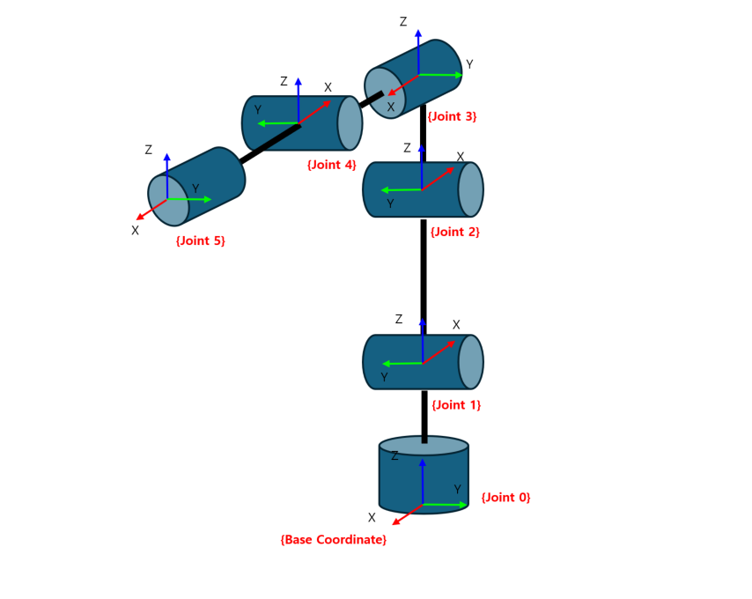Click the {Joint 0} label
[505, 498]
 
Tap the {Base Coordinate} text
[333, 539]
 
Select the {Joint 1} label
[456, 405]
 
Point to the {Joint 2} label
[455, 233]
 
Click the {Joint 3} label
[452, 116]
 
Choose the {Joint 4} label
[331, 165]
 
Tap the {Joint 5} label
[200, 240]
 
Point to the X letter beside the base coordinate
[372, 518]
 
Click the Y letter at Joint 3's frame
[469, 64]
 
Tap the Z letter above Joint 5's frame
[149, 151]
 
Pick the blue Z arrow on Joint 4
[299, 99]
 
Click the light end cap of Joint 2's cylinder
[471, 189]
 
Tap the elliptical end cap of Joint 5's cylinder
[167, 201]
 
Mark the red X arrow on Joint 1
[439, 351]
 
